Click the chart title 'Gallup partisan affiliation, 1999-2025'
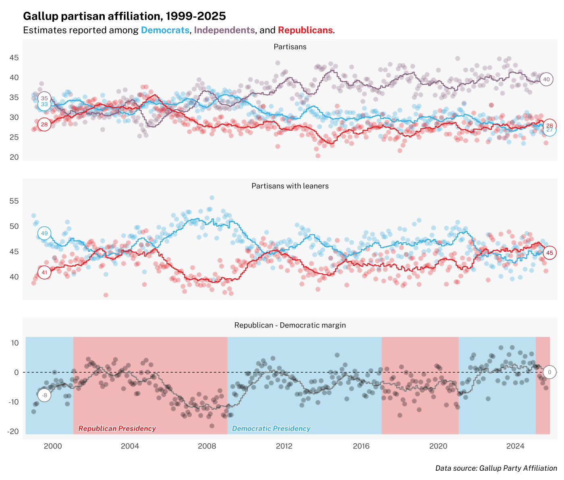pos(124,16)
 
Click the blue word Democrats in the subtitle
pos(165,30)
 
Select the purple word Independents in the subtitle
pos(224,30)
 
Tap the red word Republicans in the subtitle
pos(305,30)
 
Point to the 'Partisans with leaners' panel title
pos(290,186)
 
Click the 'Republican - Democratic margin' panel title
pos(290,325)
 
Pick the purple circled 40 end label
pos(546,79)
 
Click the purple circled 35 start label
pos(44,98)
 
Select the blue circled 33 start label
pos(44,104)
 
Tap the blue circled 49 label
pos(44,233)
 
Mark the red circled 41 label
pos(44,272)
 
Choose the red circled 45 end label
pos(549,253)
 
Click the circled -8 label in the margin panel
pos(45,395)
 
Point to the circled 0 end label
pos(549,372)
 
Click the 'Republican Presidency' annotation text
pos(117,428)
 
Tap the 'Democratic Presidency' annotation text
pos(271,428)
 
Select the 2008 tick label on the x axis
pos(207,446)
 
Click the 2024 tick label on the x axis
pos(515,446)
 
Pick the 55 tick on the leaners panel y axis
pos(14,201)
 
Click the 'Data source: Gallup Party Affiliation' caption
pos(496,468)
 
